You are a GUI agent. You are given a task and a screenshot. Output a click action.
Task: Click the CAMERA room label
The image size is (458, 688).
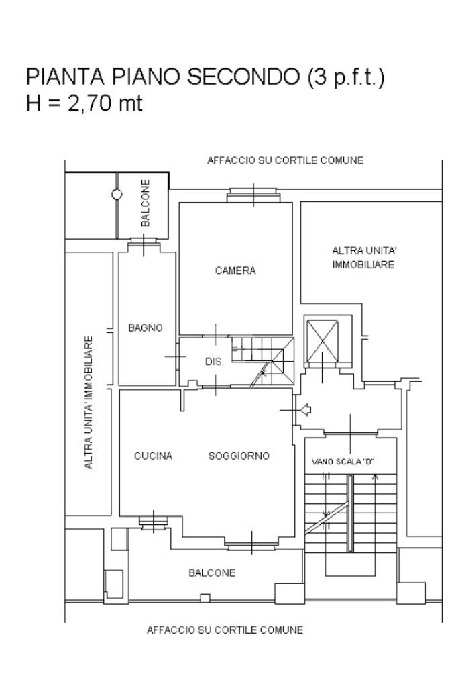[235, 271]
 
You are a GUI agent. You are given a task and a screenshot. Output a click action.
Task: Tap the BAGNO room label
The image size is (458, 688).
[146, 328]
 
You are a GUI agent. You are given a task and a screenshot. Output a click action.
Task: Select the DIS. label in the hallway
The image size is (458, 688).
[213, 362]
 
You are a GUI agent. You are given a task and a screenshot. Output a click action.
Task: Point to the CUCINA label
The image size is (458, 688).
[154, 456]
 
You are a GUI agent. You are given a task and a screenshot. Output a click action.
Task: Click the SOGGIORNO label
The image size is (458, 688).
[239, 456]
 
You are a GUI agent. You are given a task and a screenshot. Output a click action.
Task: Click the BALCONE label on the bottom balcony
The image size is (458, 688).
[212, 573]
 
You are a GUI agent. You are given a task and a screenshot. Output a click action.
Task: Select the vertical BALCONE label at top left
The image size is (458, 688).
[146, 203]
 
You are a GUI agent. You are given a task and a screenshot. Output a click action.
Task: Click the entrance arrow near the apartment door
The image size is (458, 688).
[306, 409]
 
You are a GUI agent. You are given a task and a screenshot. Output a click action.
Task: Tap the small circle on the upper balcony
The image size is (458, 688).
[117, 195]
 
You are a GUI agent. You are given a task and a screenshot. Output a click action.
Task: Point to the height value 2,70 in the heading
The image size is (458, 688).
[88, 105]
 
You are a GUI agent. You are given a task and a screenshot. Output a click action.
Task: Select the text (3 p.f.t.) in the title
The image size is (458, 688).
[346, 77]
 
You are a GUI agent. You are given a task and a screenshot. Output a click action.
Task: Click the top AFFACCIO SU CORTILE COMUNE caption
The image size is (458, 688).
[285, 160]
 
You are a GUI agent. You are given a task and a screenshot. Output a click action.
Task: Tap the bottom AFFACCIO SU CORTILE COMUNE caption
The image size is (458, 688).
[225, 630]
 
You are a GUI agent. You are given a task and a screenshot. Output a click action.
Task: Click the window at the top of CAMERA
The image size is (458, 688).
[253, 195]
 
